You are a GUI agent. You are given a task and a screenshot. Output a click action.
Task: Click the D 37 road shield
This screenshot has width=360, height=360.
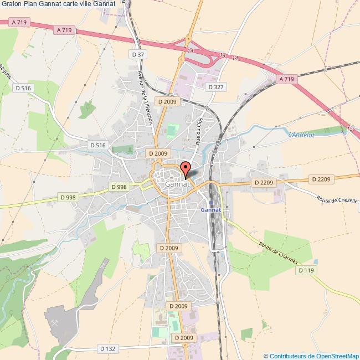(x=138, y=54)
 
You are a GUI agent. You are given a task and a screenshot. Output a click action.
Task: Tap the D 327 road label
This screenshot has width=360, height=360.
(x=215, y=87)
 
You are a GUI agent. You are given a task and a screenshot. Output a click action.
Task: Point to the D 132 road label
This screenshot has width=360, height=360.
(x=108, y=348)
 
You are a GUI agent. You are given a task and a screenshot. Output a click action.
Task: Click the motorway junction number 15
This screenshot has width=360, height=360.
(x=349, y=128)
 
